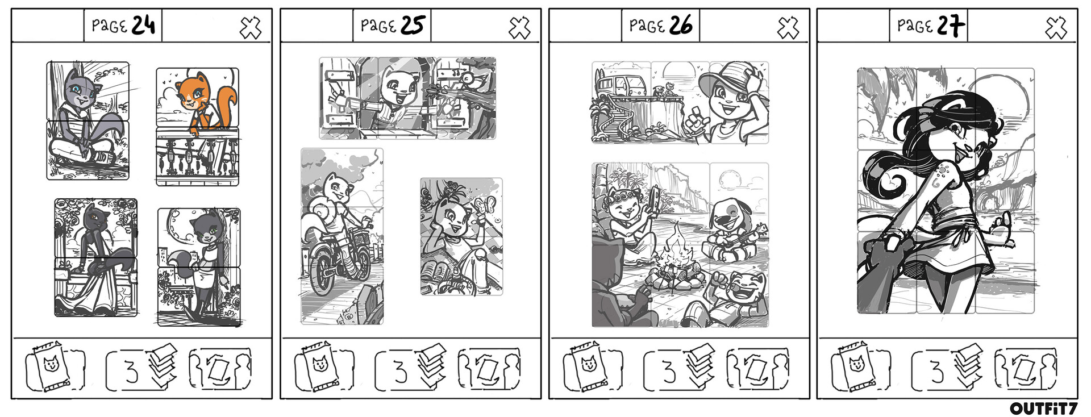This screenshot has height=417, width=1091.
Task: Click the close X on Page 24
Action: pyautogui.click(x=250, y=27)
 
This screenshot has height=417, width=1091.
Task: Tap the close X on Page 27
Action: pyautogui.click(x=1056, y=27)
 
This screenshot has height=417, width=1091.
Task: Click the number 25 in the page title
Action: pyautogui.click(x=413, y=26)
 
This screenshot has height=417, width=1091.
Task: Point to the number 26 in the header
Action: pyautogui.click(x=680, y=26)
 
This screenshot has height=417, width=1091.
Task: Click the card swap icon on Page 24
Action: pyautogui.click(x=219, y=369)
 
